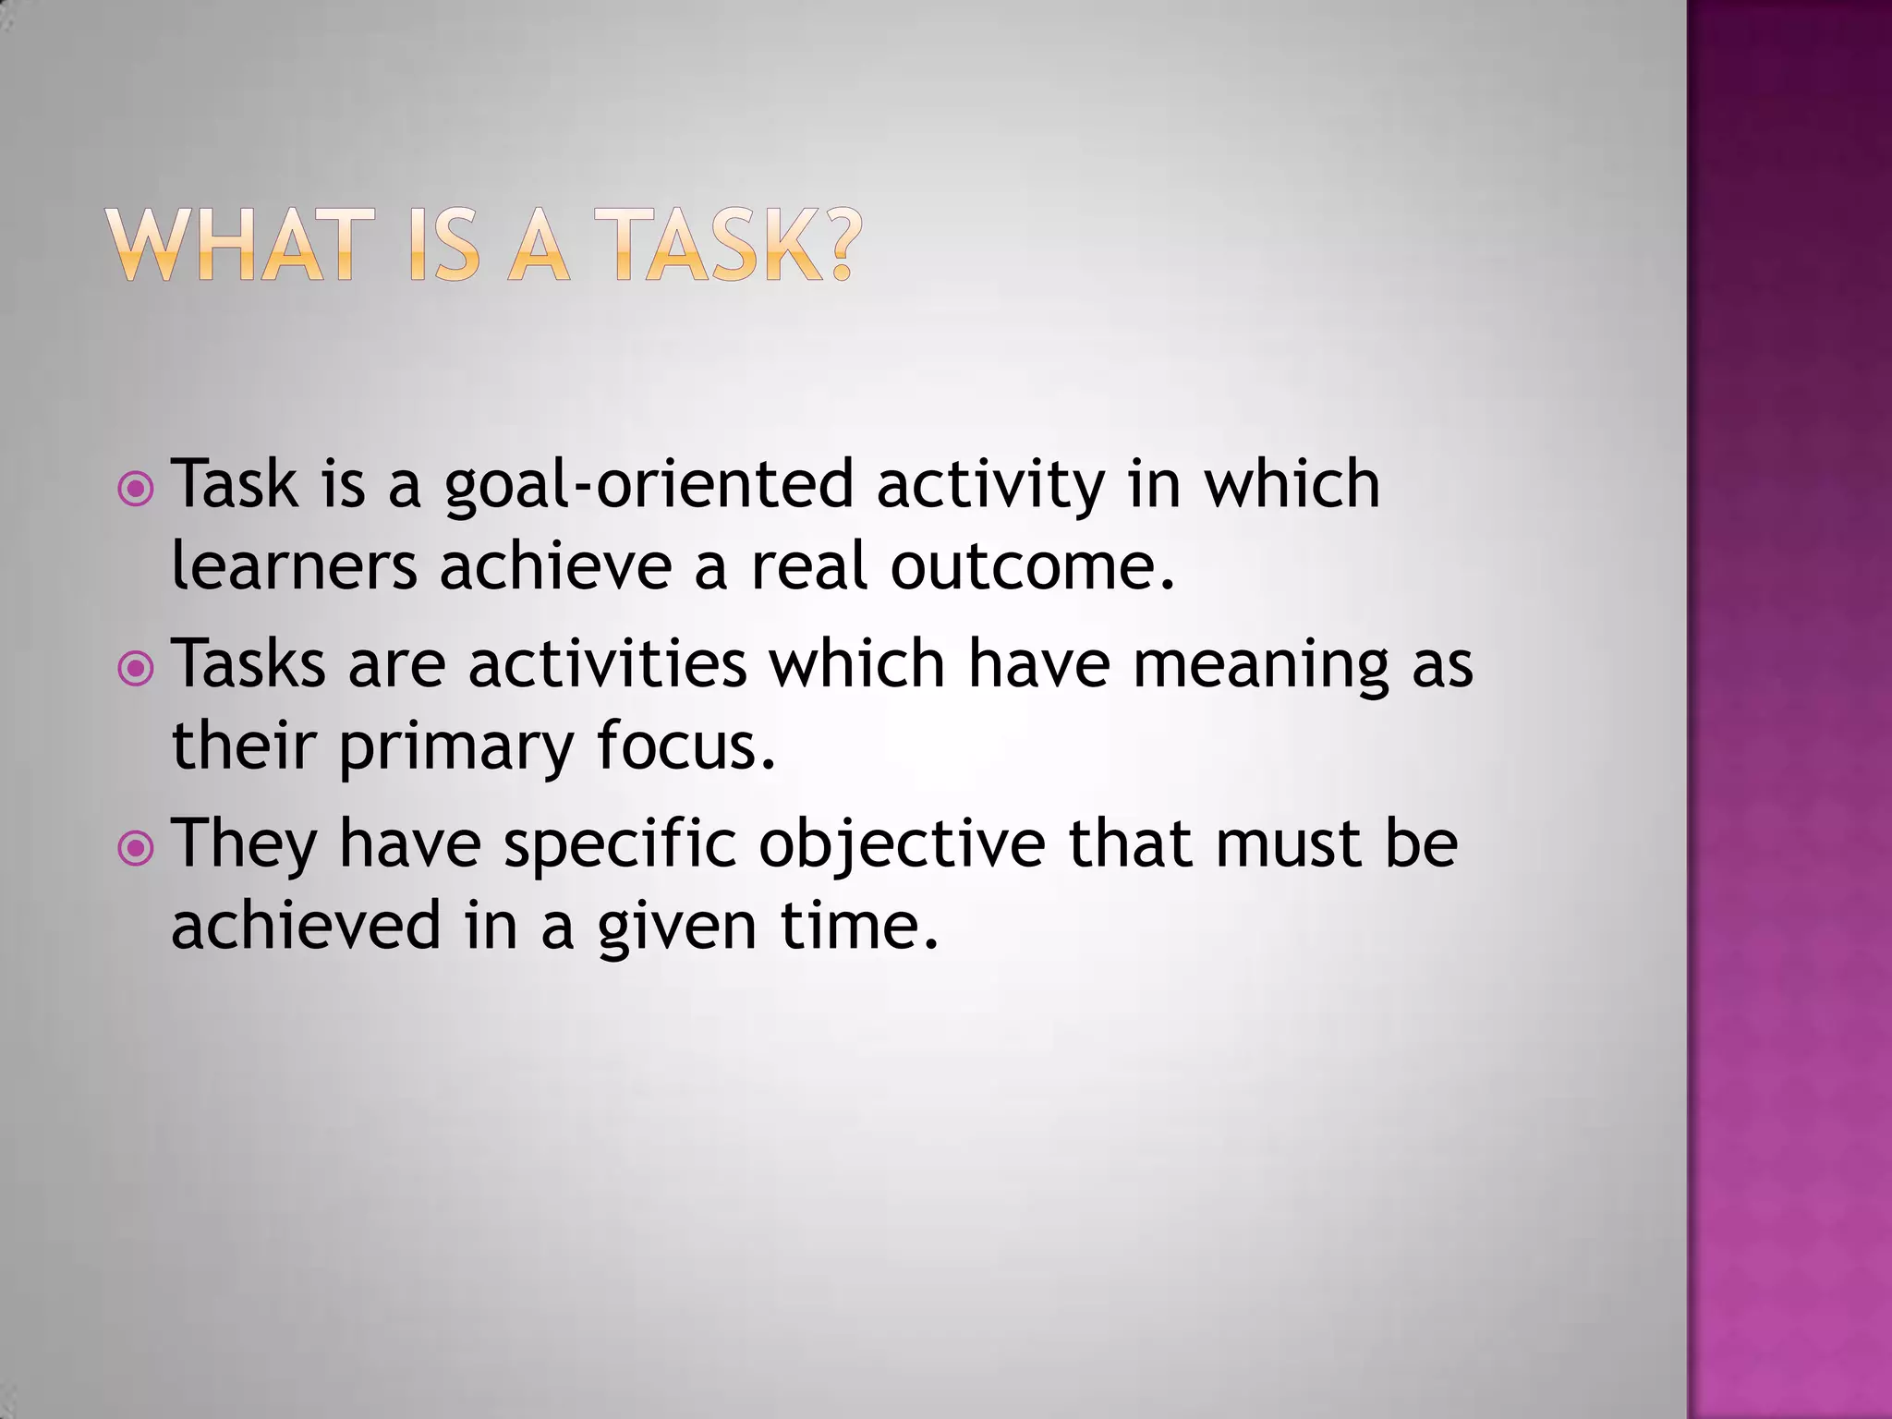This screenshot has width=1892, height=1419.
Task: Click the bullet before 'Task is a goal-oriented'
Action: pos(137,489)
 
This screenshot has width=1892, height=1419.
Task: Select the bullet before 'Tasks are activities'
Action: pos(137,668)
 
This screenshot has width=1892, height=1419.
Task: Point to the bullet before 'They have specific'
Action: pos(137,848)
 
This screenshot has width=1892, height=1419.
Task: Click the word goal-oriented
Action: pos(649,486)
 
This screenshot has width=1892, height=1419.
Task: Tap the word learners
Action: pos(294,565)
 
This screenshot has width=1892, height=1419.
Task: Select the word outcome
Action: pos(1031,565)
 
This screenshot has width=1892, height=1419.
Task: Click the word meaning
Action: pos(1260,665)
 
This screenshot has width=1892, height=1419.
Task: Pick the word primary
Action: pos(456,746)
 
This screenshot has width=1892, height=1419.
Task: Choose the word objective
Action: pos(902,844)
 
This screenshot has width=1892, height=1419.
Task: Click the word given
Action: pos(677,927)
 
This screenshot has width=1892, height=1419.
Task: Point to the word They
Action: pos(245,844)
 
